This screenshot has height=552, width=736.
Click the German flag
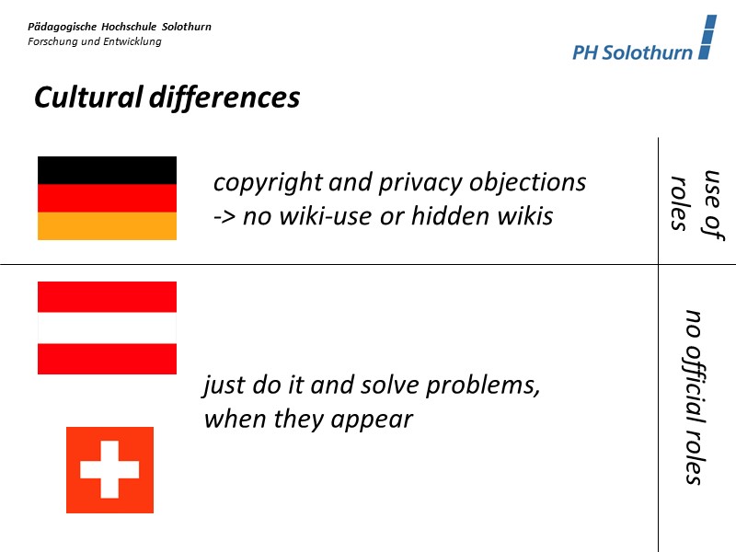click(107, 198)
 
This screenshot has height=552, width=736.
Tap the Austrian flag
click(107, 328)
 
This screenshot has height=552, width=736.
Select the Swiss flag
click(109, 469)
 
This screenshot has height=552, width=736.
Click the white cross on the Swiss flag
click(109, 469)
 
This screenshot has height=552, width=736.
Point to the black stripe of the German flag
click(107, 170)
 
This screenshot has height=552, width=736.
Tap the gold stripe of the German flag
click(107, 226)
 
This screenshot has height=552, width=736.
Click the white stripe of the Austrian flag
click(107, 328)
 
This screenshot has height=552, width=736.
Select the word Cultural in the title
click(87, 98)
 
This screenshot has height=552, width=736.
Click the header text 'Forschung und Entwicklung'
click(95, 41)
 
